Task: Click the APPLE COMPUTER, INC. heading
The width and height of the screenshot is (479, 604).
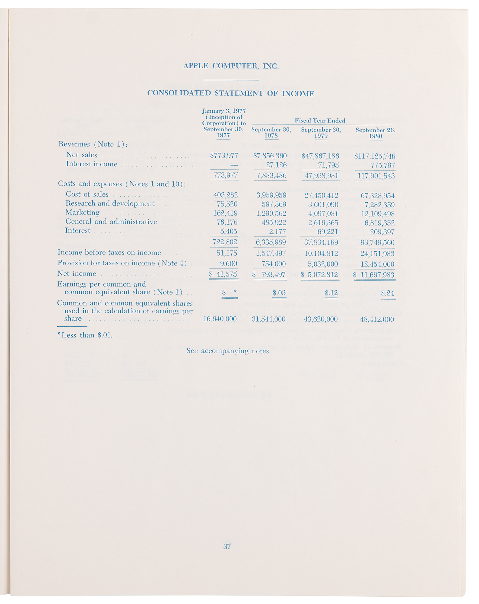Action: [x=231, y=66]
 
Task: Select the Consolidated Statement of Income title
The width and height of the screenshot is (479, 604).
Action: [x=231, y=93]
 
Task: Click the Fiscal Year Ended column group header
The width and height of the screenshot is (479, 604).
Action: [x=320, y=121]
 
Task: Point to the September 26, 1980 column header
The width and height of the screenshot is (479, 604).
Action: [x=375, y=133]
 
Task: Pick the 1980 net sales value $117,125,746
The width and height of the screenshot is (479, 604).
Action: [x=375, y=156]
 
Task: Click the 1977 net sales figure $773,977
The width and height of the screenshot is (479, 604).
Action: [x=224, y=156]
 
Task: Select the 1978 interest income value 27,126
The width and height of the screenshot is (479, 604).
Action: [x=276, y=165]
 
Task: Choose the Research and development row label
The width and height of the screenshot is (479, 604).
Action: [x=110, y=204]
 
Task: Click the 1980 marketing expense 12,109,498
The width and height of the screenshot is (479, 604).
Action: [x=378, y=214]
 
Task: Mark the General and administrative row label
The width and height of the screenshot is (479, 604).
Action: [x=111, y=222]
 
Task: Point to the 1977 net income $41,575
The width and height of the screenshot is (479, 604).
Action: [x=224, y=274]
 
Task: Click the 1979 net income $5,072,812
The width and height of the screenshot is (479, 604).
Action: [x=320, y=275]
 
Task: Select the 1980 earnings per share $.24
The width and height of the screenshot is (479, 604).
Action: [x=388, y=293]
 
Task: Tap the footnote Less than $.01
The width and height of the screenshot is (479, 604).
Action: [x=85, y=335]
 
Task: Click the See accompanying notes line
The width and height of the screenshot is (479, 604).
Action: [x=228, y=351]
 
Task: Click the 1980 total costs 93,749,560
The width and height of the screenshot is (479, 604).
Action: [x=377, y=243]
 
